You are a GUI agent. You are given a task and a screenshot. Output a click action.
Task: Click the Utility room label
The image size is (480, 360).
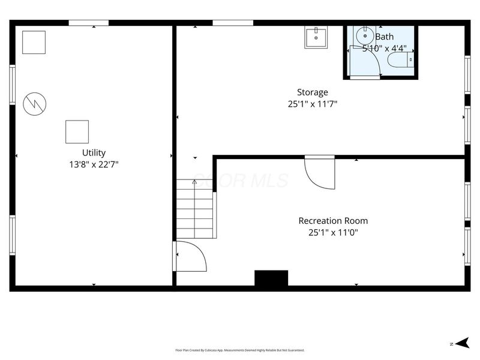point(94,153)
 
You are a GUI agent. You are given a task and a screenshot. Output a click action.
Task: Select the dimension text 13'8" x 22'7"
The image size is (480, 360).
point(94,164)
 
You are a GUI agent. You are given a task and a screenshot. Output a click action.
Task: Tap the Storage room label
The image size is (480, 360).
point(313,92)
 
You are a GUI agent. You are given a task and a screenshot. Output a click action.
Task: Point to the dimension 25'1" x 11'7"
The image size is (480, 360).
point(313,103)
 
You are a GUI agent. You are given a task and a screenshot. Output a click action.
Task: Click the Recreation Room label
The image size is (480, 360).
point(333,221)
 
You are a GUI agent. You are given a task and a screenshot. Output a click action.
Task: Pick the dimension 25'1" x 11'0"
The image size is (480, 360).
point(333,232)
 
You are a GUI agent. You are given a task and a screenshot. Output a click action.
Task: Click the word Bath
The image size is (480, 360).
point(385,37)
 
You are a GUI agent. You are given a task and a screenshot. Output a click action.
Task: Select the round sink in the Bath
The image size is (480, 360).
point(364,35)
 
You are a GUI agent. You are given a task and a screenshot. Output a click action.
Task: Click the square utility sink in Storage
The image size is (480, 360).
point(316,37)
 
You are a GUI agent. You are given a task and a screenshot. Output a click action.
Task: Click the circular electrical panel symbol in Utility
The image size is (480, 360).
point(34,104)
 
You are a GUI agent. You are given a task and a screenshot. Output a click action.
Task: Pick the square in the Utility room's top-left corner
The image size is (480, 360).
point(34,42)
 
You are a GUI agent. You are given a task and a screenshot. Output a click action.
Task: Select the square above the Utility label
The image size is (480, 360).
point(77,131)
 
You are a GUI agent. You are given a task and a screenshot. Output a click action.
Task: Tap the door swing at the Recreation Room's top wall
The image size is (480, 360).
point(319,173)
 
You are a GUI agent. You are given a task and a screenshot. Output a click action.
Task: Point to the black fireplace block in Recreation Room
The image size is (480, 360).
point(271,278)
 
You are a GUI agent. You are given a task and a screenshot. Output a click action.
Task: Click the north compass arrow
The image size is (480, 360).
point(461,343)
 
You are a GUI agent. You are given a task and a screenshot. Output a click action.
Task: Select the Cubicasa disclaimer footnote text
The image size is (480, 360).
point(240,350)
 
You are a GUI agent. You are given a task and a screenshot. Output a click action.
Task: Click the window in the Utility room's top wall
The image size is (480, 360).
point(88,23)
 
